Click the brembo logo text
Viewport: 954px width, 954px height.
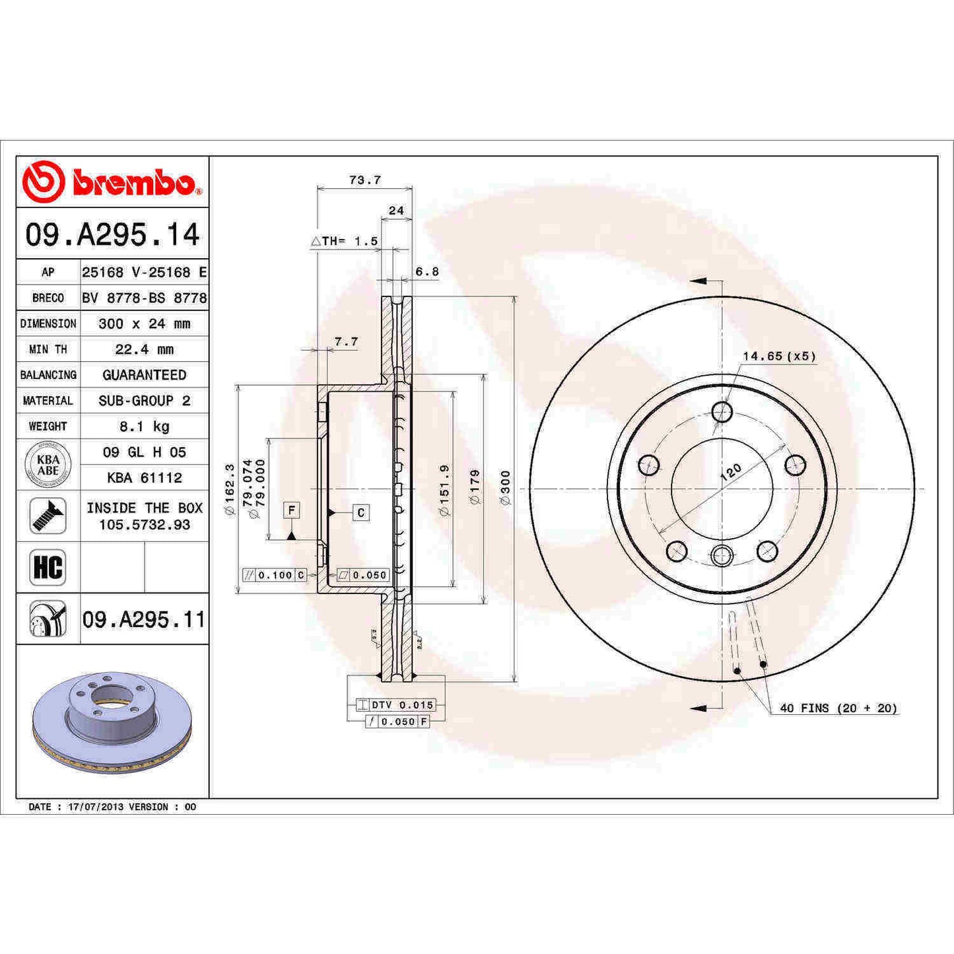pyautogui.click(x=133, y=183)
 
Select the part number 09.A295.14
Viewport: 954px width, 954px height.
pyautogui.click(x=112, y=235)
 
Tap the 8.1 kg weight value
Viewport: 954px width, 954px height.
pyautogui.click(x=144, y=426)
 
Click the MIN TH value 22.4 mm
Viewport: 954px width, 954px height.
pyautogui.click(x=144, y=349)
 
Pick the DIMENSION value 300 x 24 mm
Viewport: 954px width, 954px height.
pyautogui.click(x=144, y=324)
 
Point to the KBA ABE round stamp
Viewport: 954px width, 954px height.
pyautogui.click(x=48, y=465)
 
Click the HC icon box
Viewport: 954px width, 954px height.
pyautogui.click(x=48, y=567)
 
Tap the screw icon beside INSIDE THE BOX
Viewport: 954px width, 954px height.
pyautogui.click(x=48, y=516)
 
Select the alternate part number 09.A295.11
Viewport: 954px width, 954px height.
pyautogui.click(x=144, y=619)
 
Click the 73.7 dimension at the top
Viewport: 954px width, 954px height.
pyautogui.click(x=364, y=180)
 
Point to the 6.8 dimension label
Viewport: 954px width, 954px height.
pyautogui.click(x=426, y=271)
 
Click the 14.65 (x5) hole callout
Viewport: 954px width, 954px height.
pyautogui.click(x=779, y=357)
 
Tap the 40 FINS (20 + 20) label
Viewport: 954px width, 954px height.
pyautogui.click(x=838, y=708)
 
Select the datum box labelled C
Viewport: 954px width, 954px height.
pyautogui.click(x=360, y=512)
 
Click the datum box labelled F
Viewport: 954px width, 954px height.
pyautogui.click(x=291, y=510)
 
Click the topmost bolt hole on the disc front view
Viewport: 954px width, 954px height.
pyautogui.click(x=722, y=412)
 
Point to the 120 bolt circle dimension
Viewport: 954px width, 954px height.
pyautogui.click(x=730, y=471)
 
